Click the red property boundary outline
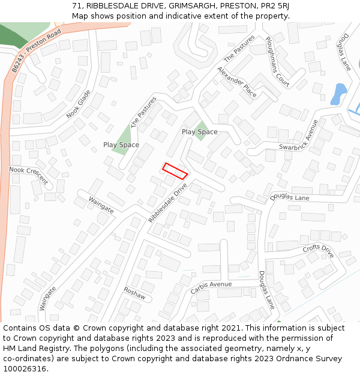click(x=175, y=170)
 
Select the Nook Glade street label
click(x=79, y=104)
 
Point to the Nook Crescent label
click(x=28, y=175)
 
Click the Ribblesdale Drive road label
click(x=168, y=203)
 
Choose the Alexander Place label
click(x=237, y=82)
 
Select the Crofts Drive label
click(x=318, y=251)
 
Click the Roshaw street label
click(x=134, y=292)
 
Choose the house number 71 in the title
click(x=76, y=5)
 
